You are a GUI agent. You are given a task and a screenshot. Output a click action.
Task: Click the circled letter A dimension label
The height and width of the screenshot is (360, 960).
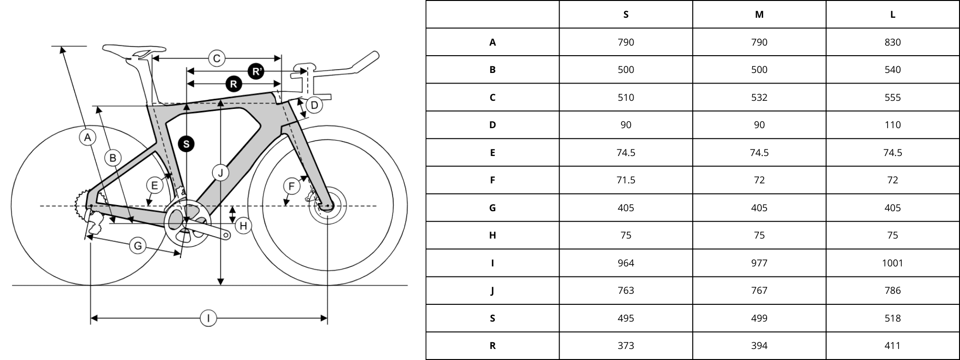[x=87, y=138]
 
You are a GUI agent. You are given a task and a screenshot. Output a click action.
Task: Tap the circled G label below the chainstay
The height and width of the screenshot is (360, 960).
[x=138, y=246]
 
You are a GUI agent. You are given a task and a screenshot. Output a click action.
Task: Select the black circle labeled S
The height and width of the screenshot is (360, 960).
[x=186, y=144]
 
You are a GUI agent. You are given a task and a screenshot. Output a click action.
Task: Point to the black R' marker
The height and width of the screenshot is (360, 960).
[x=256, y=72]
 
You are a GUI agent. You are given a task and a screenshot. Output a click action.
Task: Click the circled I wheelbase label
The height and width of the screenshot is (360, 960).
[x=208, y=318]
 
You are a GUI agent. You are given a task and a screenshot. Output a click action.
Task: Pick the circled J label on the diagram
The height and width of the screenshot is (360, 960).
[x=220, y=173]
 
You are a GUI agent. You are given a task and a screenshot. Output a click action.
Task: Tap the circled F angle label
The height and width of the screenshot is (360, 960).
[x=291, y=186]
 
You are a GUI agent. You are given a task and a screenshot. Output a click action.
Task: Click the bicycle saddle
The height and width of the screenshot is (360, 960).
[x=134, y=50]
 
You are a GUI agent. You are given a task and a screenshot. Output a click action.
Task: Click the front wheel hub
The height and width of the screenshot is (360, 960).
[x=327, y=207]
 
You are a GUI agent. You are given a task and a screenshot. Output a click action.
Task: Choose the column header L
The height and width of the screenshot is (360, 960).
[x=892, y=14]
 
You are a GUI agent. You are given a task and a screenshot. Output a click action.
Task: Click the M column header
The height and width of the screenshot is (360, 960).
[x=759, y=14]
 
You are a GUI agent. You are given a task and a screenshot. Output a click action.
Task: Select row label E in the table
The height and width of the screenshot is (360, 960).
[x=492, y=153]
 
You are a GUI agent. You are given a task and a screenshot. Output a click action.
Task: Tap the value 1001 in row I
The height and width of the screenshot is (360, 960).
[x=892, y=263]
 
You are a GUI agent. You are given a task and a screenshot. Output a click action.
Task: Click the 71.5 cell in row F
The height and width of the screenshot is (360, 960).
[x=626, y=180]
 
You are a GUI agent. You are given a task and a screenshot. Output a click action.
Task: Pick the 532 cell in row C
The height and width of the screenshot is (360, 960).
[x=759, y=97]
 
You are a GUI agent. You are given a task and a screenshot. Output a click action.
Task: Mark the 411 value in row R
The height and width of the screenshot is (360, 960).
[x=892, y=346]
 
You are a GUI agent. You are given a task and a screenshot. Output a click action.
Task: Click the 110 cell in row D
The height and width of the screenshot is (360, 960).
[x=892, y=125]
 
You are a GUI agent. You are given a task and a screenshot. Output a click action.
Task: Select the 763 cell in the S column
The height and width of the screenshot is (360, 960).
[x=626, y=290]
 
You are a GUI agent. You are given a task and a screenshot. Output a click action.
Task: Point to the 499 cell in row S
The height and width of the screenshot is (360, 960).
[x=759, y=318]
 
